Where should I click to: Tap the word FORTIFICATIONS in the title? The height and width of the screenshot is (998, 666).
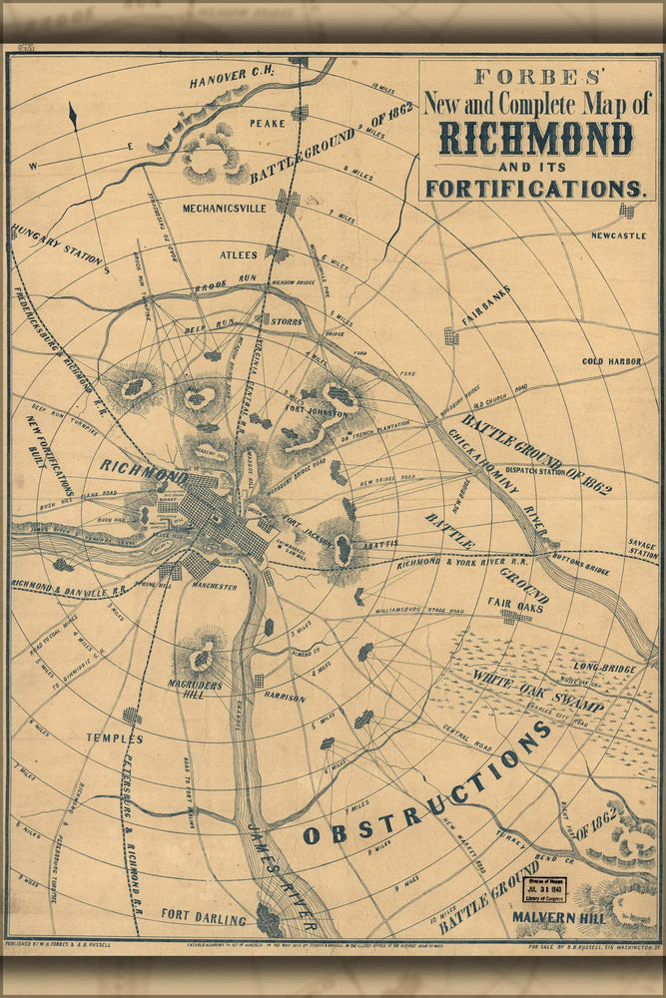[x=535, y=188]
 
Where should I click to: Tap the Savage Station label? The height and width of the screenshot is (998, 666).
[x=643, y=549]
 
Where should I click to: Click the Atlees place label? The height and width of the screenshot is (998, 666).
[x=239, y=255]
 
